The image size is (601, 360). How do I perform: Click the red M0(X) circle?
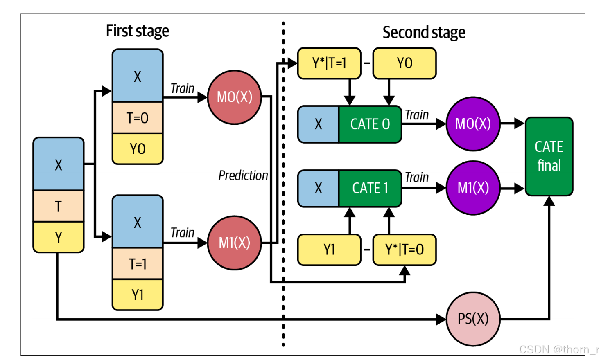pos(234,97)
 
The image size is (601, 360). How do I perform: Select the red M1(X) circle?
pos(234,243)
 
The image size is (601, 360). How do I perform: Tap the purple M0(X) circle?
pos(473,124)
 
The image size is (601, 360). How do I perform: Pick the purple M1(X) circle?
pos(473,188)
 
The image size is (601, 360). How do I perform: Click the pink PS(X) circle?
pos(473,319)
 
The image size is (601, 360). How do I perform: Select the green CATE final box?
pos(549,156)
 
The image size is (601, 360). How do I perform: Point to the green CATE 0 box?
pos(370,124)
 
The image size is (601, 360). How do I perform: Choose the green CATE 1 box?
pos(370,188)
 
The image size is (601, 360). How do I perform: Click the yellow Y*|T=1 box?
pos(329,63)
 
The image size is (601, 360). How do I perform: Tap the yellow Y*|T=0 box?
pos(404,250)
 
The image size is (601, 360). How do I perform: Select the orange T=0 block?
pos(138,118)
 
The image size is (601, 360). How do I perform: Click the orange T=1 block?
pos(138,264)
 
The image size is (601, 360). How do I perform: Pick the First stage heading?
pos(137,31)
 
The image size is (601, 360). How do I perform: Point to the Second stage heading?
pos(424,32)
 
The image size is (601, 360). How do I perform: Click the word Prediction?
pos(243,175)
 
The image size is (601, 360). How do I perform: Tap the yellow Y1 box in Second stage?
pos(329,250)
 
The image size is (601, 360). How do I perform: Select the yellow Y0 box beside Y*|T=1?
pos(404,63)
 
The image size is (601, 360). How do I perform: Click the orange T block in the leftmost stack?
pos(59,206)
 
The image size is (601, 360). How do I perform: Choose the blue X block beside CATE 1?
pos(319,188)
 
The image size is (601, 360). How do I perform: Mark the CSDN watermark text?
pos(558,350)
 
